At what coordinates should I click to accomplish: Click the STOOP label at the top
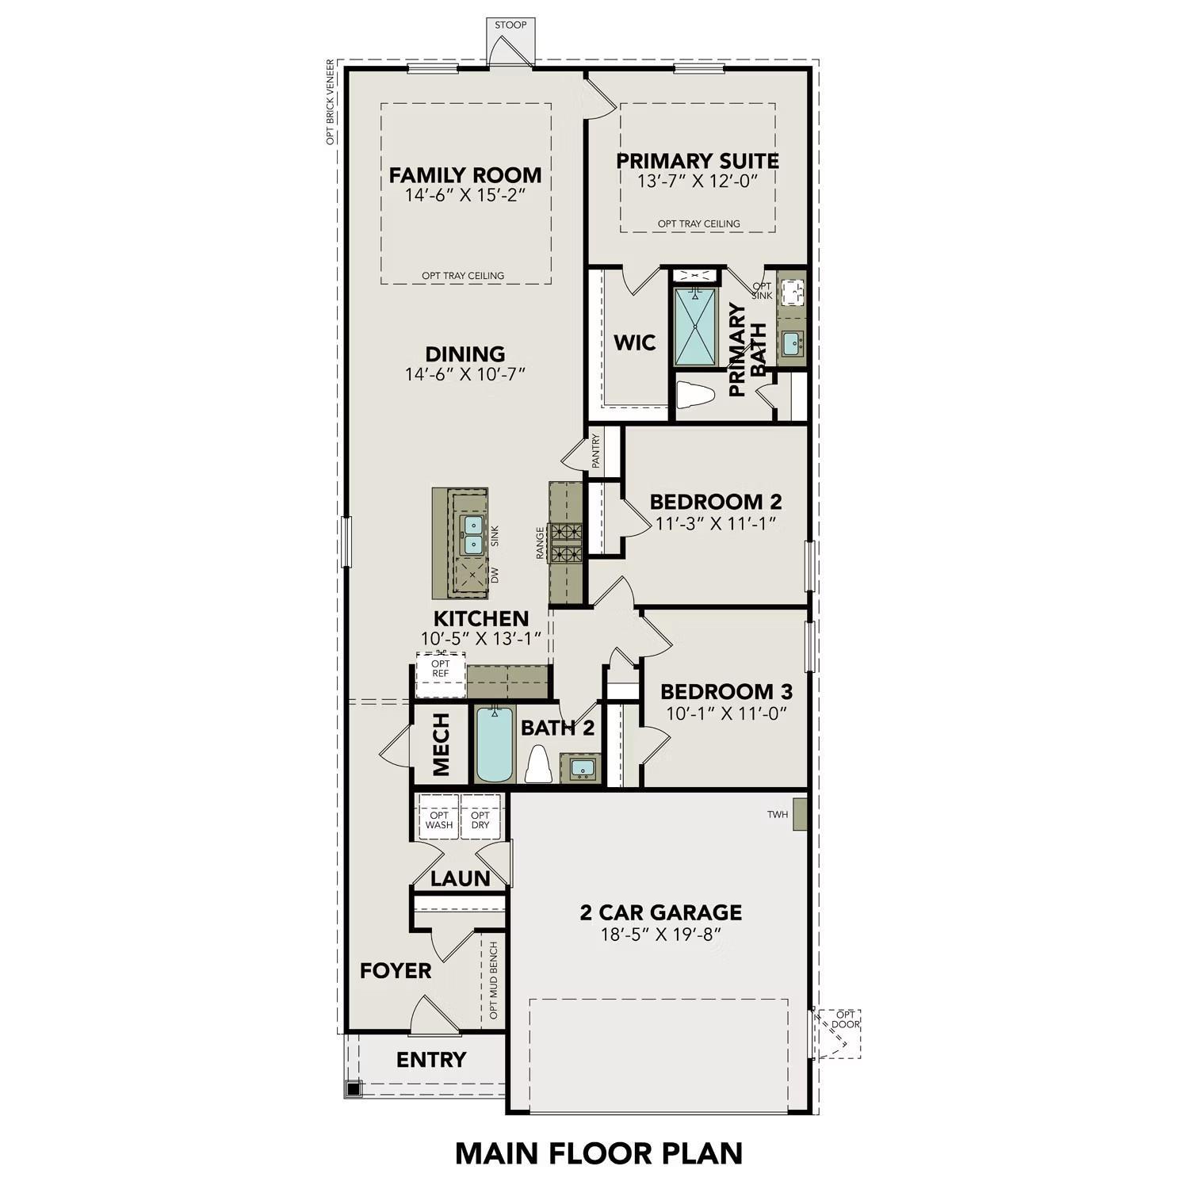pyautogui.click(x=510, y=25)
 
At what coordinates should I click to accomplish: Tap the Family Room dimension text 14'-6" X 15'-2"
pyautogui.click(x=465, y=195)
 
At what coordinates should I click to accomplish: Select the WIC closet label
pyautogui.click(x=635, y=343)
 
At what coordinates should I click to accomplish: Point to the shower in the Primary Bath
pyautogui.click(x=694, y=327)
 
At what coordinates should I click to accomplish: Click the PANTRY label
pyautogui.click(x=596, y=450)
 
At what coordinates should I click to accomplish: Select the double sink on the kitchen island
pyautogui.click(x=473, y=534)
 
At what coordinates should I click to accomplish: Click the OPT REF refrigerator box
pyautogui.click(x=441, y=669)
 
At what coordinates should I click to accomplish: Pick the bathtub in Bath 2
pyautogui.click(x=495, y=744)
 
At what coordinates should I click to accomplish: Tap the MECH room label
pyautogui.click(x=442, y=744)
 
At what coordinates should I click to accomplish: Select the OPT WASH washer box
pyautogui.click(x=439, y=820)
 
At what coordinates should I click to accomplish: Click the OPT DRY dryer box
pyautogui.click(x=480, y=820)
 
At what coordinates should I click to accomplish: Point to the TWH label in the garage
pyautogui.click(x=778, y=815)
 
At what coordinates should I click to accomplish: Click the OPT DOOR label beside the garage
pyautogui.click(x=846, y=1019)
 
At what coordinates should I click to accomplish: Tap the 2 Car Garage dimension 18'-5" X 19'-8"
pyautogui.click(x=660, y=935)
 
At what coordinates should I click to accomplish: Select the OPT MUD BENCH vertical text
pyautogui.click(x=494, y=981)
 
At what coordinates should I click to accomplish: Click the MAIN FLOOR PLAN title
pyautogui.click(x=599, y=1153)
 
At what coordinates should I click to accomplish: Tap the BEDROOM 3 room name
pyautogui.click(x=726, y=692)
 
